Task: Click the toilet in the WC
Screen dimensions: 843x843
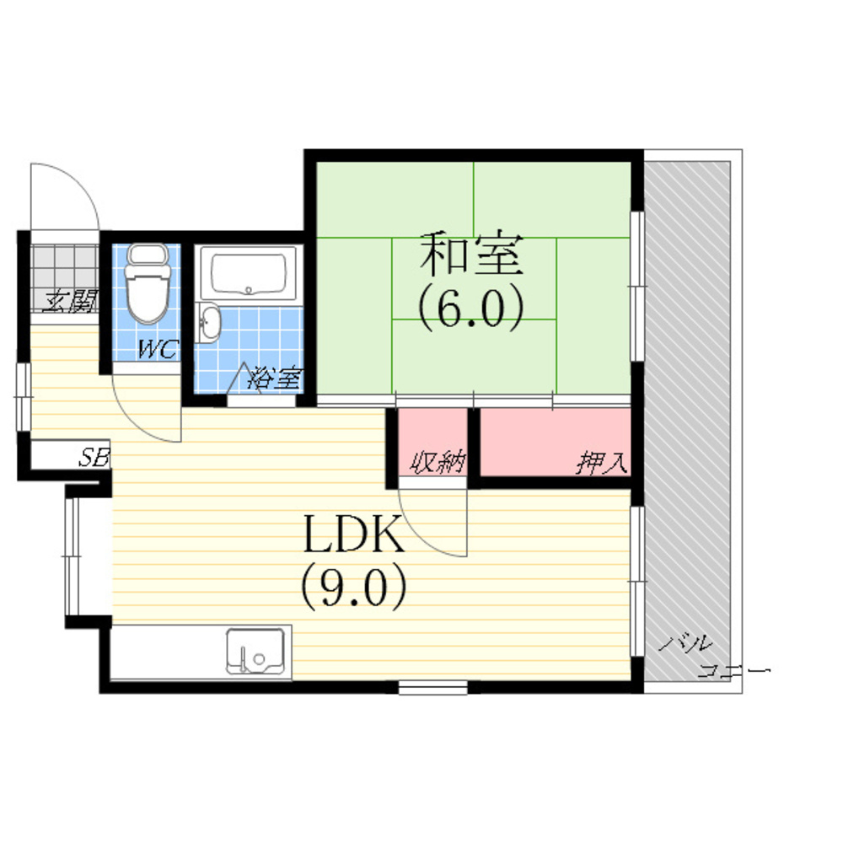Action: tap(147, 283)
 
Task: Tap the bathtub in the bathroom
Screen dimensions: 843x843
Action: tap(249, 273)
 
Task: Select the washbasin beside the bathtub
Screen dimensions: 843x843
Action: tap(208, 322)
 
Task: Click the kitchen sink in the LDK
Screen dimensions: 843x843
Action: tap(255, 651)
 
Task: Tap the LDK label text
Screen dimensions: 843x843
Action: tap(353, 534)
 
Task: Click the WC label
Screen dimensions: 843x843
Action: tap(158, 350)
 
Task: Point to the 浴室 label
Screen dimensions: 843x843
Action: tap(274, 378)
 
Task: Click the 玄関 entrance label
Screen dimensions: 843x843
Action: tap(70, 301)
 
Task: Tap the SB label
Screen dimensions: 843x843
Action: tap(94, 458)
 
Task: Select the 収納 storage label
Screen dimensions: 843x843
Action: tap(437, 462)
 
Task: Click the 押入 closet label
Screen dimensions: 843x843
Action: tap(601, 462)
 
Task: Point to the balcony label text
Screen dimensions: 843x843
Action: tap(713, 657)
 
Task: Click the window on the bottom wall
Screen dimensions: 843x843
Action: tap(432, 686)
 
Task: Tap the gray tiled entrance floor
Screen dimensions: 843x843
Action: tap(65, 278)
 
